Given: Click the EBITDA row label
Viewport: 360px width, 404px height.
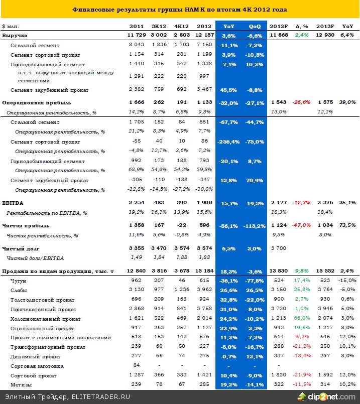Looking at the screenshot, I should (x=13, y=202).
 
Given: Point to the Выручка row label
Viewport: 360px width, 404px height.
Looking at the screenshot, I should (x=15, y=36).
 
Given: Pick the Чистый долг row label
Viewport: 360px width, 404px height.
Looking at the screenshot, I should (x=21, y=248).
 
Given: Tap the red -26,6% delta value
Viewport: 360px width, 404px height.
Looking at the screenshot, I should (x=302, y=102).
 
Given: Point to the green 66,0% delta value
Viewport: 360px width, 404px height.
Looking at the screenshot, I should (x=302, y=319).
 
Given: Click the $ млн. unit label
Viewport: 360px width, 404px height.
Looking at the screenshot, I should (x=11, y=26).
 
